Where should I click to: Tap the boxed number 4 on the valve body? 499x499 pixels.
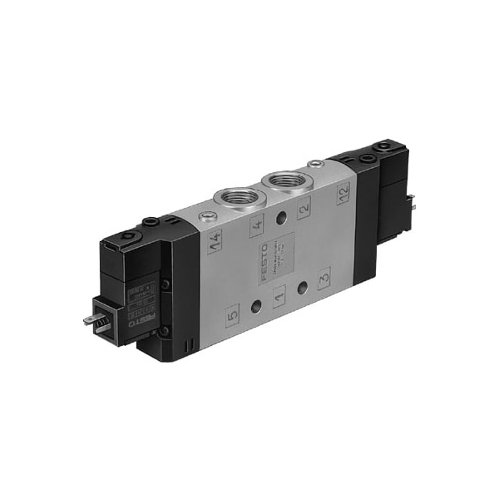coord(255,223)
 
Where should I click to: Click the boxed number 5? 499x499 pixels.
coord(233,315)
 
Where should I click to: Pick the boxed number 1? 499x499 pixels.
coord(279,294)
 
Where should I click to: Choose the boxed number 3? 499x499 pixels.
coord(324,274)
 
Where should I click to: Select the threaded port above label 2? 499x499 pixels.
coord(280,180)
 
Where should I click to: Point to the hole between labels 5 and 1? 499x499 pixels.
coord(255,303)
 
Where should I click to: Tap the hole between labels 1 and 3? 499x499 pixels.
coord(302,284)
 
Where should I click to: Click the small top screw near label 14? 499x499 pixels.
coord(205,218)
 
